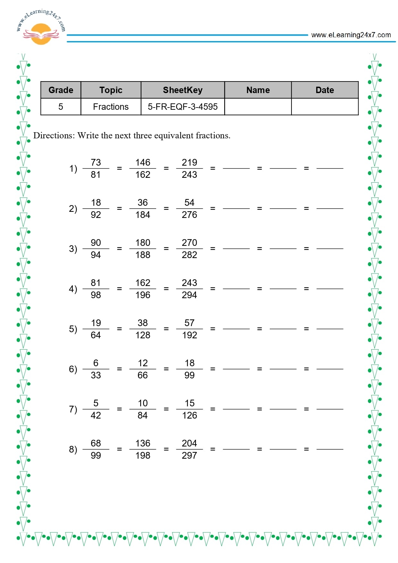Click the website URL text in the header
tap(351, 35)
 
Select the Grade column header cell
tap(61, 90)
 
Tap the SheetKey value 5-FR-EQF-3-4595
tap(182, 107)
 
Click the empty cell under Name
tap(258, 107)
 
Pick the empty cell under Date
tap(325, 107)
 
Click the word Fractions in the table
tap(111, 107)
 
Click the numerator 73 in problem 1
tap(96, 162)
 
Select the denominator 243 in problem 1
tap(189, 175)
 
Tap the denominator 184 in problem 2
tap(143, 215)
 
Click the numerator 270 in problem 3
tap(189, 243)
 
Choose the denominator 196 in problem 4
tap(143, 295)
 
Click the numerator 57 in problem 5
tap(189, 323)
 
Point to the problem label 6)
tap(73, 369)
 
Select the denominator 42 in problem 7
tap(96, 415)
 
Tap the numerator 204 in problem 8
tap(189, 443)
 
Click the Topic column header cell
tap(111, 90)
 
